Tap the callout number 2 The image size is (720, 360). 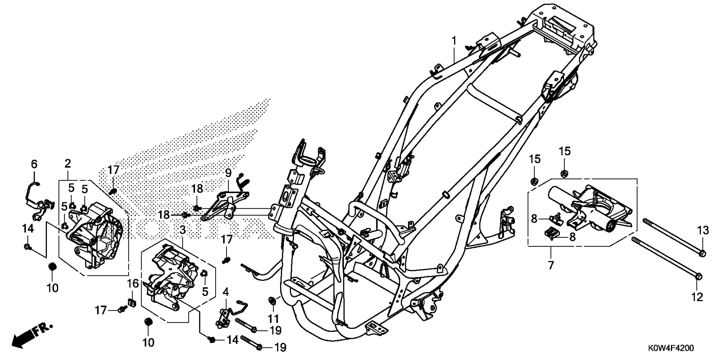[68, 164]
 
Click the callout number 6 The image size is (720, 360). [34, 164]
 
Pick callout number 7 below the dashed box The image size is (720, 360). [551, 265]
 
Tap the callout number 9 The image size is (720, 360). [228, 173]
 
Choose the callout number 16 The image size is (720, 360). [133, 284]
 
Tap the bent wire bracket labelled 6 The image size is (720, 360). [31, 193]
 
